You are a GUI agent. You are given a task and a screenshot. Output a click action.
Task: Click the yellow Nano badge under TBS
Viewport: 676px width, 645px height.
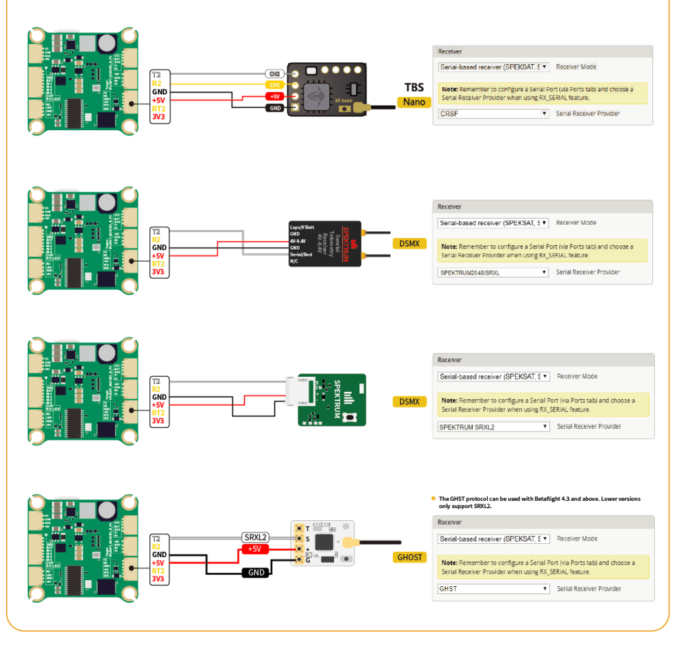click(415, 102)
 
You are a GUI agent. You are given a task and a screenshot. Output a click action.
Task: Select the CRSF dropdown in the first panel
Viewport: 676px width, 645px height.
click(494, 114)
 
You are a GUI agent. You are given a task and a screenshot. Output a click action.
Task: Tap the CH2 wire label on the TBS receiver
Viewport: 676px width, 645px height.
click(275, 73)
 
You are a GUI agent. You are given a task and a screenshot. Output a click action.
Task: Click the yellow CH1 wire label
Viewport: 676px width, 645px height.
click(275, 85)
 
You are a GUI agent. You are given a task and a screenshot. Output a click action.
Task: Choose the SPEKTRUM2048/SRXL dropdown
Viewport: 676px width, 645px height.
click(494, 272)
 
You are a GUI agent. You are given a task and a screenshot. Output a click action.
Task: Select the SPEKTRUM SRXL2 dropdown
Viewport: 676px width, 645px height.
click(494, 427)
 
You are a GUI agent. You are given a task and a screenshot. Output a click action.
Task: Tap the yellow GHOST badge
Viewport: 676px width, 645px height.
click(409, 557)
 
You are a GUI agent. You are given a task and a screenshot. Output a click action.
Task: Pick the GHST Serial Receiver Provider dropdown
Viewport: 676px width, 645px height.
click(494, 589)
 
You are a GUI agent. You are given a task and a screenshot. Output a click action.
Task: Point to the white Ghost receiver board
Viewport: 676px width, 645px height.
click(322, 543)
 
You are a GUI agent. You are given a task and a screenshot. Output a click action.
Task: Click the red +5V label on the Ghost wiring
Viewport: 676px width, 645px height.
click(254, 549)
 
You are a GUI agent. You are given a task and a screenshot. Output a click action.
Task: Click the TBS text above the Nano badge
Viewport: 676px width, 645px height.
click(414, 87)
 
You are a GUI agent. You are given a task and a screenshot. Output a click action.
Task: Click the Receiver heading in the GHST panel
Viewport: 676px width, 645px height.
click(450, 522)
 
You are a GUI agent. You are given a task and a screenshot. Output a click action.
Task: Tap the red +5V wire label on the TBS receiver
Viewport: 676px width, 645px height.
click(275, 96)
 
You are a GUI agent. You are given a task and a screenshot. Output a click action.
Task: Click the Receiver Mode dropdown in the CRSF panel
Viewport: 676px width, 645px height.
click(494, 67)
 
